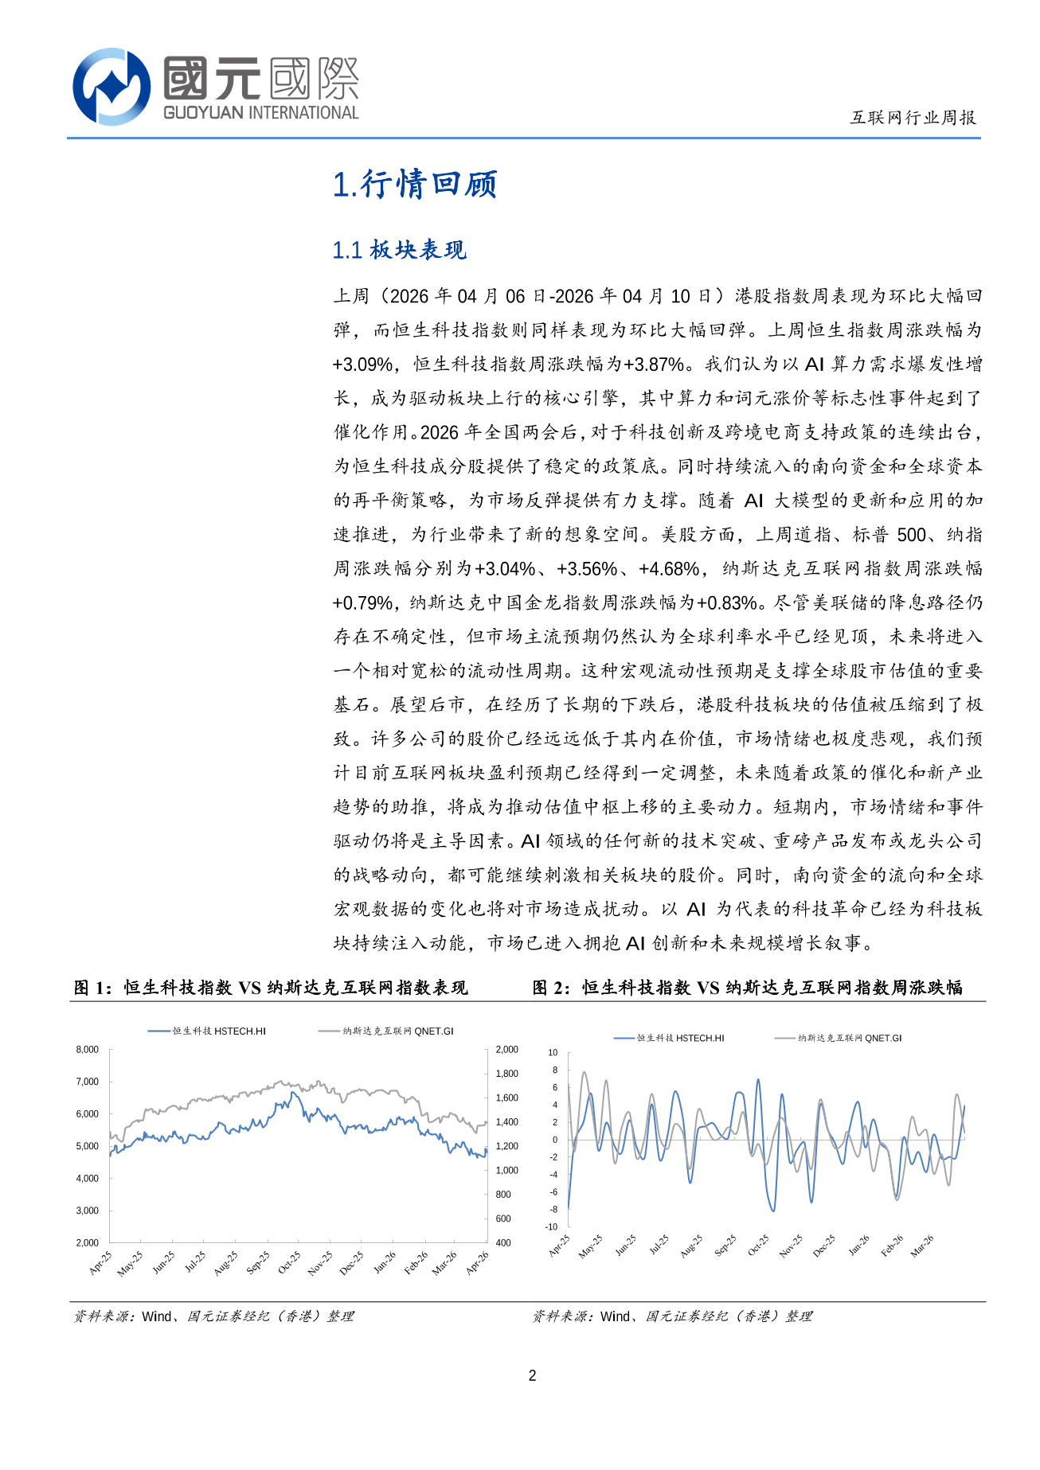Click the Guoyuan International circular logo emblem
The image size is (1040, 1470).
click(x=111, y=87)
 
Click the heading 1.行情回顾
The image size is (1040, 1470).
click(x=415, y=184)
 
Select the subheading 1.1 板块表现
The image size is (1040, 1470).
click(x=399, y=250)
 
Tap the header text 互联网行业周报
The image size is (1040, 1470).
click(x=913, y=118)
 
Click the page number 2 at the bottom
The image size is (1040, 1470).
click(x=533, y=1374)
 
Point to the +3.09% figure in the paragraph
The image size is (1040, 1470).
click(x=363, y=365)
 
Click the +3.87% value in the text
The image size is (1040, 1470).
click(x=654, y=365)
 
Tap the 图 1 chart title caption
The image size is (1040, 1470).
click(x=271, y=988)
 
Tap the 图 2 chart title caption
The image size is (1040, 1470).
click(x=747, y=988)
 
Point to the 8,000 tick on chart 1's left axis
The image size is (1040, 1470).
click(x=88, y=1050)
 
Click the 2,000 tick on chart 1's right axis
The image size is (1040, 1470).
click(x=506, y=1050)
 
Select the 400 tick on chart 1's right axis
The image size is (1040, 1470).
click(x=503, y=1242)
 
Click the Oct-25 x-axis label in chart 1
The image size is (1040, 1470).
click(x=288, y=1262)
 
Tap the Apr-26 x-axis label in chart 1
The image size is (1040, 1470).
click(x=477, y=1262)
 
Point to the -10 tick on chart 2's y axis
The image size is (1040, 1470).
click(x=552, y=1226)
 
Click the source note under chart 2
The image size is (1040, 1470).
click(x=672, y=1316)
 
